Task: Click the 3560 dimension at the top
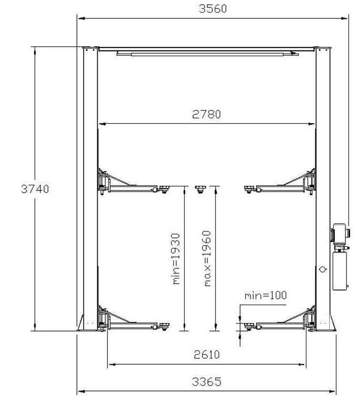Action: coord(213,9)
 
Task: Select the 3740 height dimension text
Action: coord(35,189)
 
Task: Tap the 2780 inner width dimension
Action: coord(206,114)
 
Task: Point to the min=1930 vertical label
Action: coord(176,259)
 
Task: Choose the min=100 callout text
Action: coord(266,295)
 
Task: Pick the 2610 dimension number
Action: coord(206,355)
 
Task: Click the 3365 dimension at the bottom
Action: coord(206,382)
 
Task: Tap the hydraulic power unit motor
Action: coord(340,233)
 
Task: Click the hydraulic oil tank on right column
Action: coord(339,271)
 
